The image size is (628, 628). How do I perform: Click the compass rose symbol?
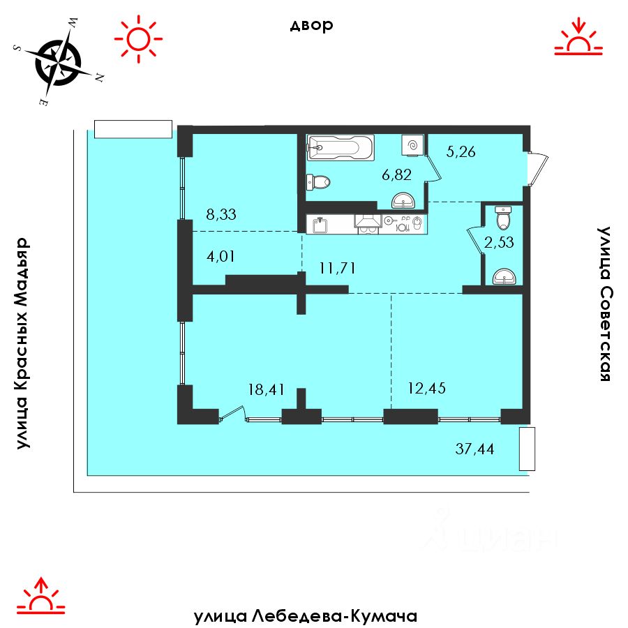pyautogui.click(x=59, y=63)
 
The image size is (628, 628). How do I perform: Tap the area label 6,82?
pyautogui.click(x=396, y=174)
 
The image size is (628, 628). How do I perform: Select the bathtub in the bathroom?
pyautogui.click(x=341, y=147)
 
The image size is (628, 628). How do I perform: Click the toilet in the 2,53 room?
pyautogui.click(x=502, y=218)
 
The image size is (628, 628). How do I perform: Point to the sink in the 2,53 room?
pyautogui.click(x=504, y=277)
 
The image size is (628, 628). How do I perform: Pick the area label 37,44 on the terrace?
pyautogui.click(x=474, y=449)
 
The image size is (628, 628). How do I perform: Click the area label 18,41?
pyautogui.click(x=267, y=389)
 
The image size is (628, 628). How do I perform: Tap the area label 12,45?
pyautogui.click(x=426, y=388)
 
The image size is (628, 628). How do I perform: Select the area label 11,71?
pyautogui.click(x=337, y=268)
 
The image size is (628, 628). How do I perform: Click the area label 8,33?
pyautogui.click(x=221, y=214)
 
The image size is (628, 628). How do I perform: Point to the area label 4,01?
pyautogui.click(x=220, y=256)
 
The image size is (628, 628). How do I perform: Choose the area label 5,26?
pyautogui.click(x=461, y=152)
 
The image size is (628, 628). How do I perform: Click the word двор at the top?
pyautogui.click(x=312, y=25)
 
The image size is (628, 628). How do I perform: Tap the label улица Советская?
pyautogui.click(x=604, y=304)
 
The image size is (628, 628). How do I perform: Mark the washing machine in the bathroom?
pyautogui.click(x=412, y=145)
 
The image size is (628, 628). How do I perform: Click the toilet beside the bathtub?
pyautogui.click(x=318, y=183)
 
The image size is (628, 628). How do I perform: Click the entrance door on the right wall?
pyautogui.click(x=537, y=168)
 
